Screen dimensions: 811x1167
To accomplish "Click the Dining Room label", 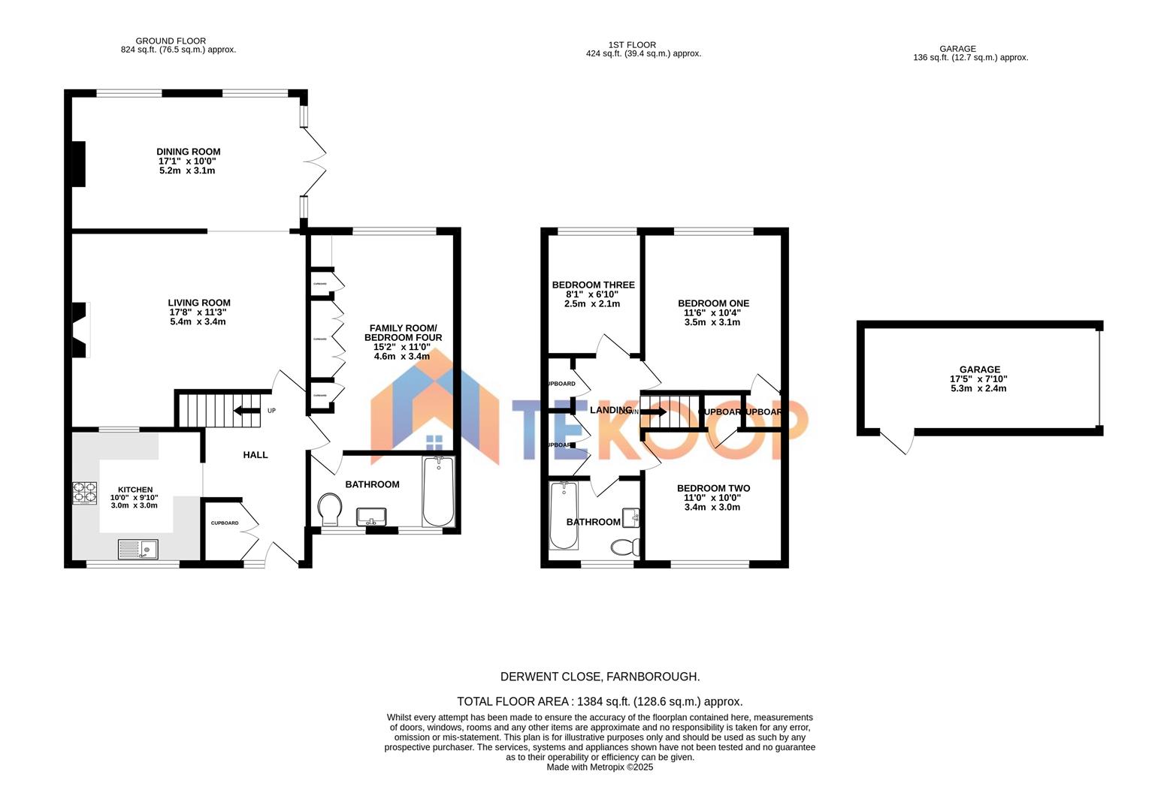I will point(188,152).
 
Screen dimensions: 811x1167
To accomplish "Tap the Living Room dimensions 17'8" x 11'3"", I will point(198,312).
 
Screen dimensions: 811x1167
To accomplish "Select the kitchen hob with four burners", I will point(84,492).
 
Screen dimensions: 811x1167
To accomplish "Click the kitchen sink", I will point(138,550).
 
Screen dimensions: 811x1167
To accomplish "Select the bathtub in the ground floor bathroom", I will point(438,492).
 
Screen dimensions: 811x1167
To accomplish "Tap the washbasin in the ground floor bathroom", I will point(371,516).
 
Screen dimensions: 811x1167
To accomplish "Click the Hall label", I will point(255,455).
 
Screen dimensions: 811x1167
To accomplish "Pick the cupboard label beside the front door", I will point(224,523).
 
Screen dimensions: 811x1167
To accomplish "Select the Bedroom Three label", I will point(593,285).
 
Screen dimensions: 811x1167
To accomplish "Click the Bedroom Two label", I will point(713,488).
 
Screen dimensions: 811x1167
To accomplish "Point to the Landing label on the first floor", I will point(610,410).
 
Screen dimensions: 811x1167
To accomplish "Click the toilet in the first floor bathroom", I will point(624,546).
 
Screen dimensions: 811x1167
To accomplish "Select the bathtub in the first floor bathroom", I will point(564,515).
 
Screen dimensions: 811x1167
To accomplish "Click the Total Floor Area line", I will point(600,701).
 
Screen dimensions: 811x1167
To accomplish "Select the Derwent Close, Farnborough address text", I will point(600,677).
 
